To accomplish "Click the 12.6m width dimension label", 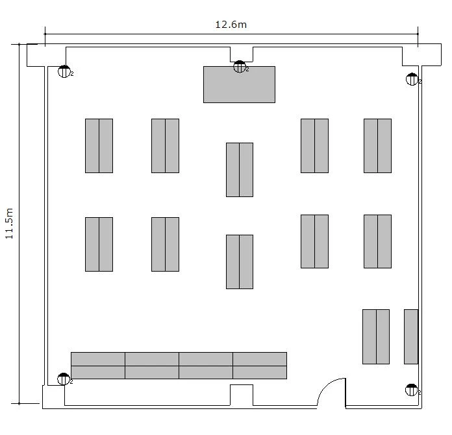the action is coord(231,25).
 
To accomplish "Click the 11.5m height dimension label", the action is coord(9,223).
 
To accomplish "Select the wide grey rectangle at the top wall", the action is coord(239,84).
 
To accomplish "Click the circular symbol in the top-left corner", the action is coord(64,71).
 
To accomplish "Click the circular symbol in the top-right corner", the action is coord(412,79).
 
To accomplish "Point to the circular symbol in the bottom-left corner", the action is coord(64,379).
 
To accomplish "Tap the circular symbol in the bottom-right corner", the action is coord(411,390).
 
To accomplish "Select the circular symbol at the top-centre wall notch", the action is coord(239,67).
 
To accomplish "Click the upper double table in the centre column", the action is coord(240,170).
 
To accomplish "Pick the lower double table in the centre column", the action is coord(240,262).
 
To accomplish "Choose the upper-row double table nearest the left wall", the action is coord(99,146).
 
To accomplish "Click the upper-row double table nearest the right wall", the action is coord(377,146).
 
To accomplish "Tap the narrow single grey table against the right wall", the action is coord(411,336).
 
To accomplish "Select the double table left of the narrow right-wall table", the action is coord(376,336).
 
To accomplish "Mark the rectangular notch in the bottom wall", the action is coord(242,395).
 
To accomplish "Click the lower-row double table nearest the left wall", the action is coord(99,244).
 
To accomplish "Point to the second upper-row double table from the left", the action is coord(165,146).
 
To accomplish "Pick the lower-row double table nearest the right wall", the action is coord(377,241).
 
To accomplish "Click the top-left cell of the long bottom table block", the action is coord(98,359).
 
